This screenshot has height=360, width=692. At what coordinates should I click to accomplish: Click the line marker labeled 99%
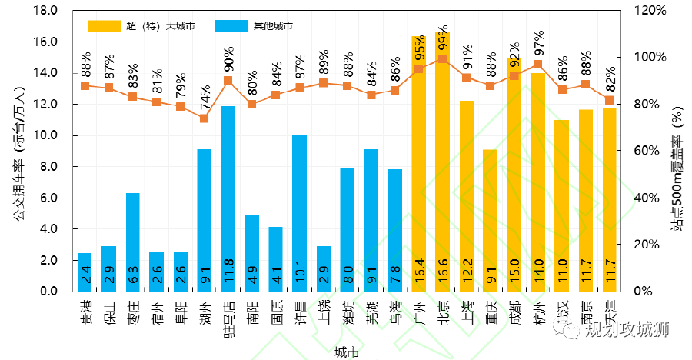pos(442,59)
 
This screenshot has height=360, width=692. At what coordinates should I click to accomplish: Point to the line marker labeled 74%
pos(204,118)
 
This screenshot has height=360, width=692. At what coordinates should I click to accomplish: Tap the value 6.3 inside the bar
pos(132,275)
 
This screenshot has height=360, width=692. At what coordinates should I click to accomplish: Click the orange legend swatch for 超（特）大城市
pos(105,26)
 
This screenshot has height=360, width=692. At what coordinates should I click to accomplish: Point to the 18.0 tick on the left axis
pos(47,11)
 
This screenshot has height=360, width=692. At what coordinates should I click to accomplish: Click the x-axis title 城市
pos(346,352)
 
